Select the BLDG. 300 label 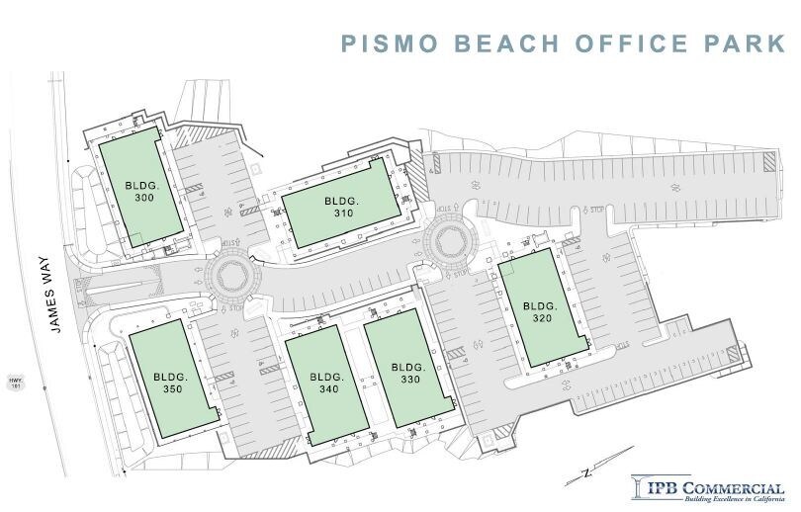click(x=140, y=191)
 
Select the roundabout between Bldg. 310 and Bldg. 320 click(x=450, y=240)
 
